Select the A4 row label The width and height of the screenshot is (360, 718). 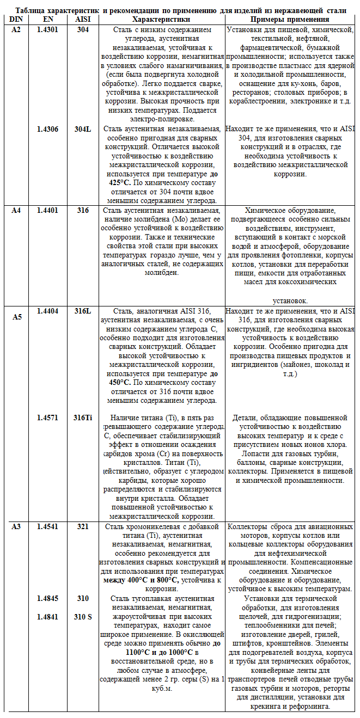(16, 210)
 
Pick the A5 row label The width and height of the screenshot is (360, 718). (17, 317)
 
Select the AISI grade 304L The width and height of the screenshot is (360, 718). (83, 129)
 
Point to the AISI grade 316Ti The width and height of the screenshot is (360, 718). (83, 418)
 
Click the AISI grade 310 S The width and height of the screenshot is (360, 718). (83, 617)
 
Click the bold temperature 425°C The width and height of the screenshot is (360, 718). (119, 182)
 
